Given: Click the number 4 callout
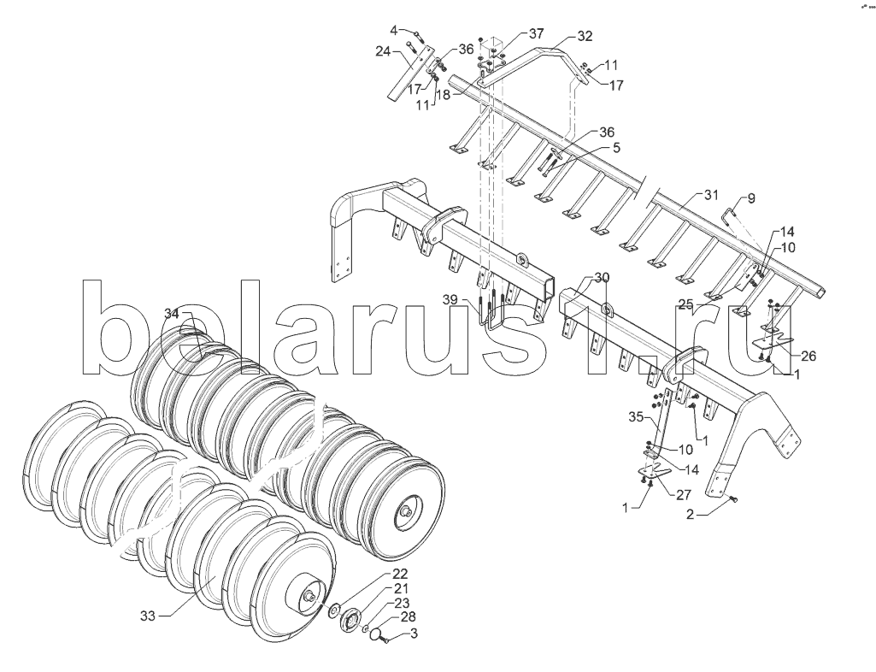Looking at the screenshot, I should pyautogui.click(x=394, y=30).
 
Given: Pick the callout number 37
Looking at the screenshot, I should pyautogui.click(x=536, y=34).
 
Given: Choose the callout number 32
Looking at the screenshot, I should pyautogui.click(x=585, y=36).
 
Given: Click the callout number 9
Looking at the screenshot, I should pyautogui.click(x=751, y=198).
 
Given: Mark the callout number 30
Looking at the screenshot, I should pyautogui.click(x=603, y=278).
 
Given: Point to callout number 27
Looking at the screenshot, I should pyautogui.click(x=683, y=494).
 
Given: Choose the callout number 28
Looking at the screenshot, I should pyautogui.click(x=409, y=616).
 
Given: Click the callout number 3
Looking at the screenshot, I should pyautogui.click(x=414, y=634).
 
